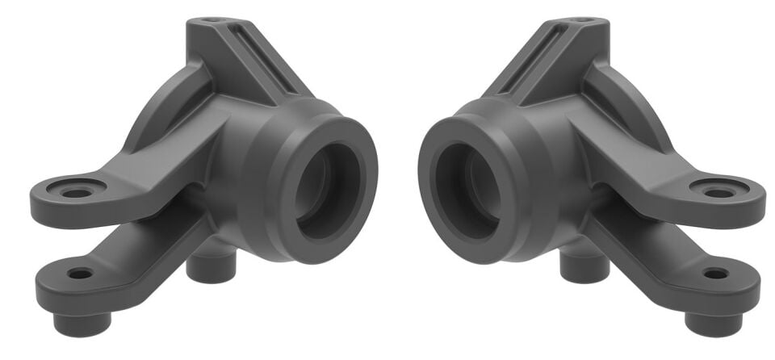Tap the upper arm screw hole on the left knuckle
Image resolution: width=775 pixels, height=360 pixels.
pyautogui.click(x=76, y=193)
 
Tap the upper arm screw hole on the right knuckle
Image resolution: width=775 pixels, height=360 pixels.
pyautogui.click(x=718, y=193)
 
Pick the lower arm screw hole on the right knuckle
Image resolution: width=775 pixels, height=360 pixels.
pyautogui.click(x=715, y=274)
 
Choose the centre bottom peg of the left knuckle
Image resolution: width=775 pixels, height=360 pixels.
pyautogui.click(x=212, y=267)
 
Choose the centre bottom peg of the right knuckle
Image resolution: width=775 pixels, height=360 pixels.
pyautogui.click(x=584, y=267)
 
